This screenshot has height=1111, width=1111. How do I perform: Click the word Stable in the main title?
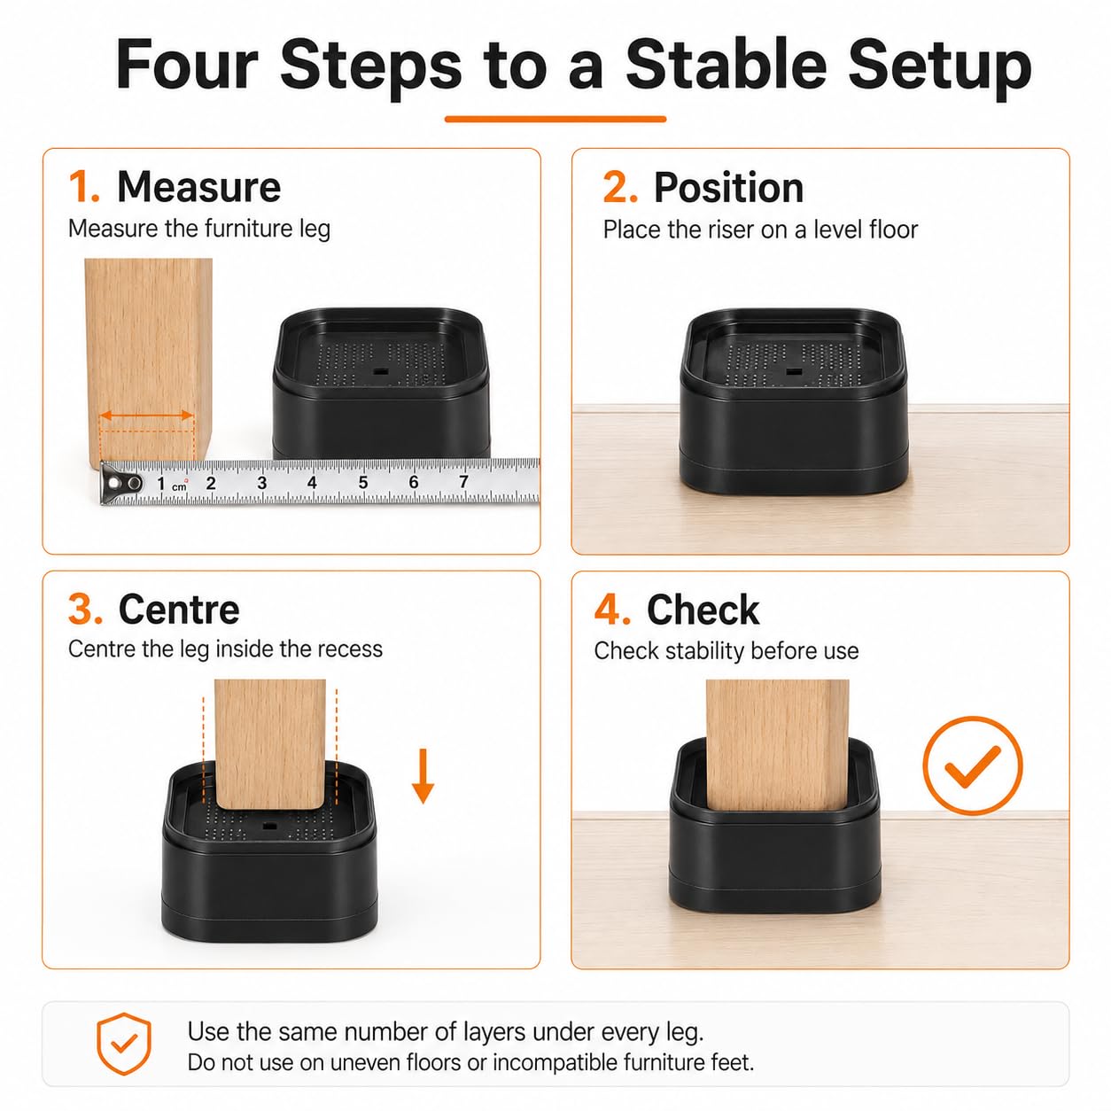[726, 65]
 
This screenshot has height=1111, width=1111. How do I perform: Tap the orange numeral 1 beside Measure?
[83, 187]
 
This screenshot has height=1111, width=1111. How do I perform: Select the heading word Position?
[728, 188]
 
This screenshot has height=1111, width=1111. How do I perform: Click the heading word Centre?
[179, 610]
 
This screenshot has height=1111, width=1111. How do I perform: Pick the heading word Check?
[703, 610]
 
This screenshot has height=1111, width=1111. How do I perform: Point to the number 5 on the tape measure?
[362, 482]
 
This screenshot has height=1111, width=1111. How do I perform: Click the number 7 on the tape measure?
[463, 481]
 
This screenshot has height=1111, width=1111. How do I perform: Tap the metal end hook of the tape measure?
[120, 483]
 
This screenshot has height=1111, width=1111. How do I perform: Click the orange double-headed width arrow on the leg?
[146, 416]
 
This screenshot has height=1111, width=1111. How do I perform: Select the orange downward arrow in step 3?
[423, 775]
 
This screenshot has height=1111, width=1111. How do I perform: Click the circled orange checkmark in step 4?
[972, 765]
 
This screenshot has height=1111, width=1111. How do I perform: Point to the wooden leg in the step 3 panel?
[269, 743]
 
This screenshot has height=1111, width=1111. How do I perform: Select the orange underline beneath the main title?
[555, 120]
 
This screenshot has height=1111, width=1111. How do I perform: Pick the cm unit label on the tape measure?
[179, 487]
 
